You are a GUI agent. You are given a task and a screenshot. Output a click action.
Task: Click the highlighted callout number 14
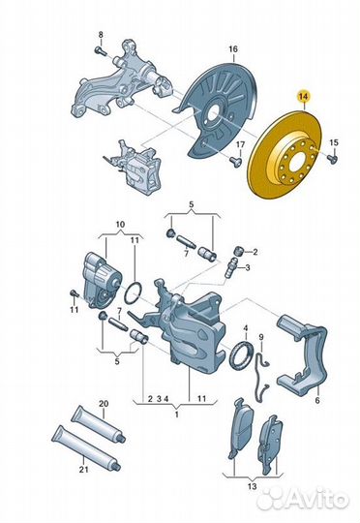pos(304,97)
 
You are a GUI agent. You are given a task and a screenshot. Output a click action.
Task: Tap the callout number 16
pos(233,49)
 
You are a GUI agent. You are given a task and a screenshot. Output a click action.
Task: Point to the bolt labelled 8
pos(100,51)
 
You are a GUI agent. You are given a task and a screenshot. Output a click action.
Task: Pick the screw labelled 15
pos(332,158)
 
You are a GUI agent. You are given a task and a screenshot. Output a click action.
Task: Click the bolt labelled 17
pos(236,162)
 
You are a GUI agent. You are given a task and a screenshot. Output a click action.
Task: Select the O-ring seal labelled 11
pos(134,293)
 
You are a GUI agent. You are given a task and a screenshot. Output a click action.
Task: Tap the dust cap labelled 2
pos(240,250)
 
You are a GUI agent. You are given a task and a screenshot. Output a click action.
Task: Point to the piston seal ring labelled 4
pos(241,356)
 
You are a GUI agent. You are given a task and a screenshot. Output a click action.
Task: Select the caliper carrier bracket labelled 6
pos(303,355)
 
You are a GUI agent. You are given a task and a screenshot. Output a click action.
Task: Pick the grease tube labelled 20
pos(99,423)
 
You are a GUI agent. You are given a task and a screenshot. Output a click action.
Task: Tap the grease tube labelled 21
pos(86,445)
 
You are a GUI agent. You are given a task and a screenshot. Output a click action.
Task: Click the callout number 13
pos(253,486)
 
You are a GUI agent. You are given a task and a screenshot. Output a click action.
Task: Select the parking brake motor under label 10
pos(102,279)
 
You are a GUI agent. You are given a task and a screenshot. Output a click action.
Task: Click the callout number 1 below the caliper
pos(177,415)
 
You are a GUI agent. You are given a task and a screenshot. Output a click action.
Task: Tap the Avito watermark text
pos(315,499)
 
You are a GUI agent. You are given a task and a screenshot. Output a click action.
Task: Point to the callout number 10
pos(120,224)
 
